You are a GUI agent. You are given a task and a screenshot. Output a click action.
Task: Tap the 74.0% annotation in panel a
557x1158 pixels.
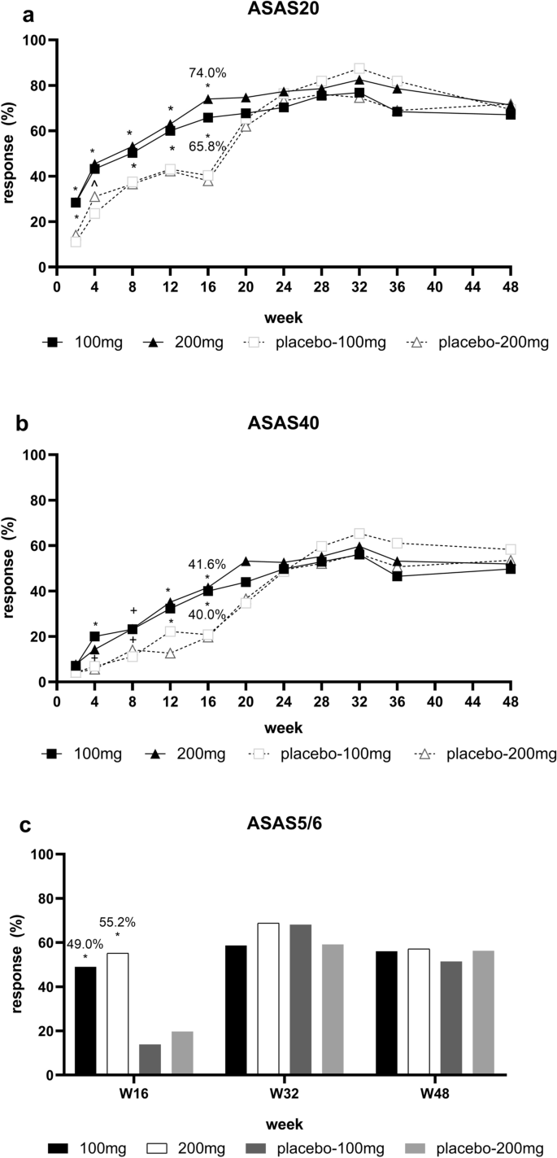(207, 73)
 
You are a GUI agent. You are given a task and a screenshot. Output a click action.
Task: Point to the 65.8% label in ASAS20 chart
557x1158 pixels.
(207, 147)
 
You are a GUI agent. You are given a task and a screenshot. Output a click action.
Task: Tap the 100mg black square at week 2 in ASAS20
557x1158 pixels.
(76, 203)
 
